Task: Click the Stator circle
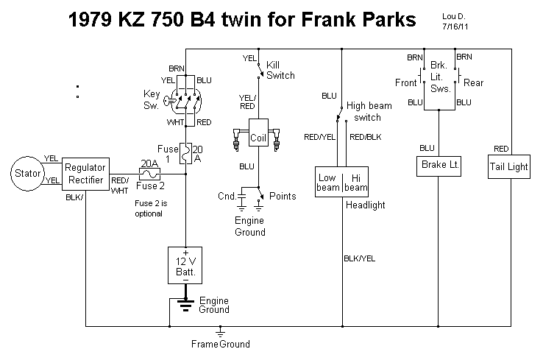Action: point(26,174)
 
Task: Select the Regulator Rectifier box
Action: point(85,174)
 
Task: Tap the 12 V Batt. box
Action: point(185,264)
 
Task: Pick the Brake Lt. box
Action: point(439,166)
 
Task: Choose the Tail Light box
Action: point(508,166)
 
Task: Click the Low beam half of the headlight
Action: point(327,182)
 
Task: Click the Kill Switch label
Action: point(280,70)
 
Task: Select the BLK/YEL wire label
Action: point(360,258)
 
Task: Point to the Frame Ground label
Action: point(221,344)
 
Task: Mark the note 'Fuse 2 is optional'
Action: point(149,208)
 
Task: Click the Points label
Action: point(283,197)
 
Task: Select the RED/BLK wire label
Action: point(366,137)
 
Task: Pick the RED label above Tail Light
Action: point(501,149)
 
